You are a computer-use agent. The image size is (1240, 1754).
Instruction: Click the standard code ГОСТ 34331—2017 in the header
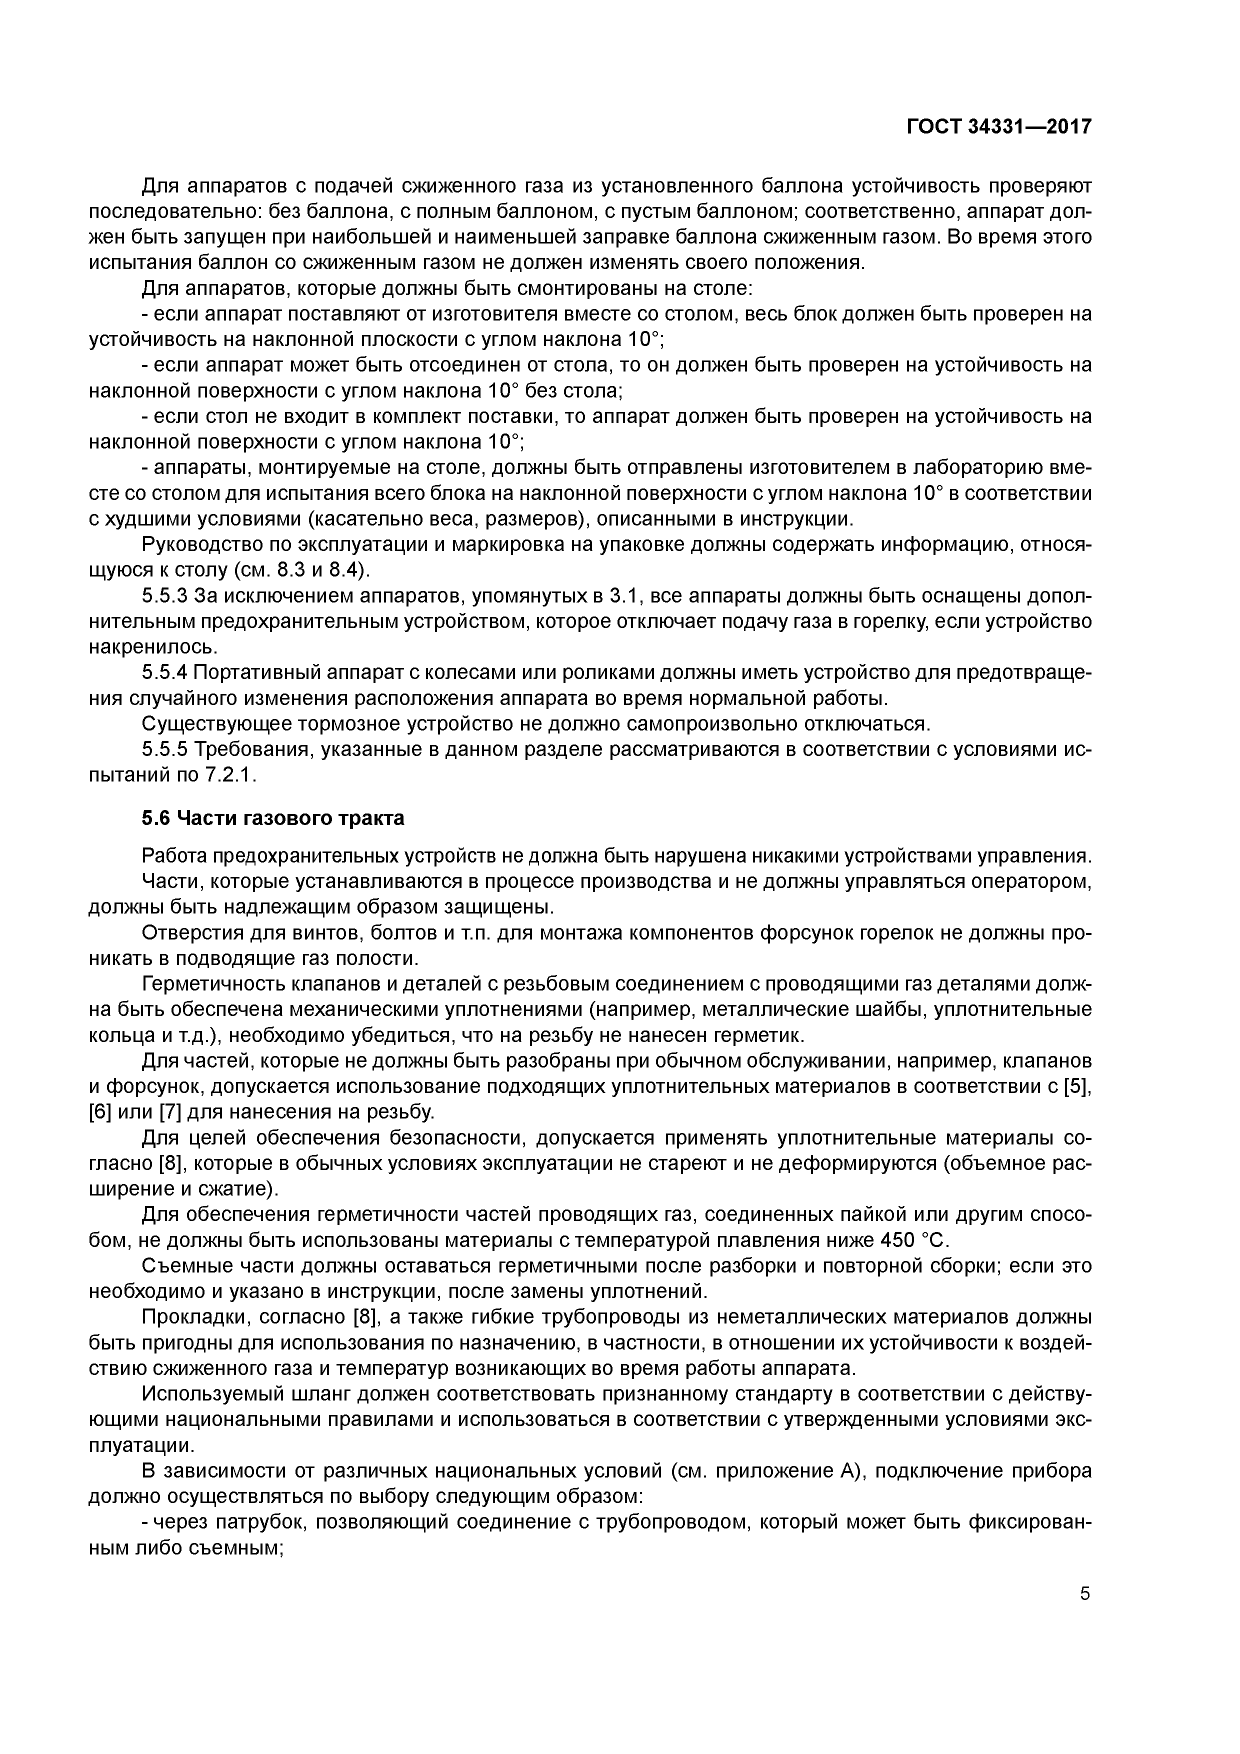point(998,127)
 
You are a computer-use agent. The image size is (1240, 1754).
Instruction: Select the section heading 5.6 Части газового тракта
point(273,818)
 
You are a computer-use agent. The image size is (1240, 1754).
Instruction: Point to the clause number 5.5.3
point(165,596)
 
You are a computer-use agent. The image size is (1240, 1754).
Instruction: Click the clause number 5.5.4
point(165,673)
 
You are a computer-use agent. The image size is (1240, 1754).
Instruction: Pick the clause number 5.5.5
point(165,750)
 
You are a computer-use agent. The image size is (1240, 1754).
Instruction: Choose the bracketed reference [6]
point(100,1111)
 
